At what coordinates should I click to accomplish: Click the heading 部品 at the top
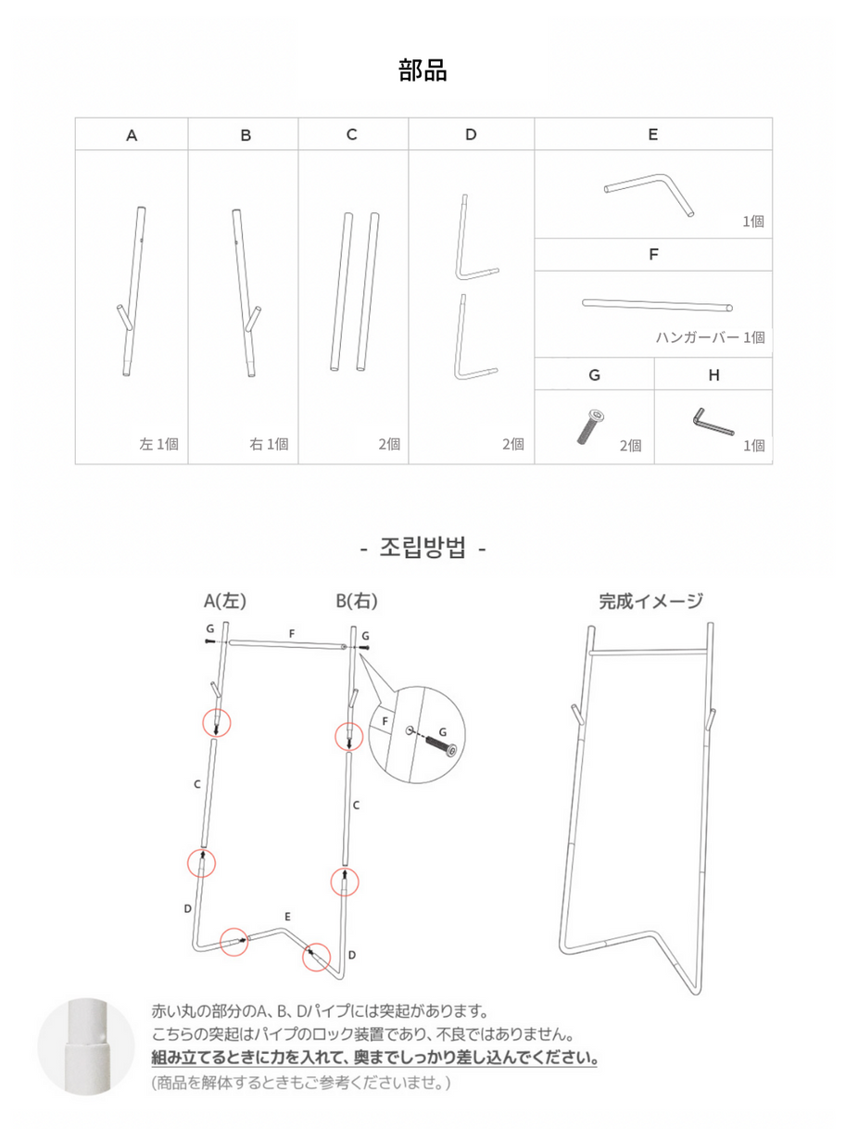click(x=423, y=70)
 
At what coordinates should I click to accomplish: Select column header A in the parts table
click(x=132, y=135)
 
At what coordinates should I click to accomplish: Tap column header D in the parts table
click(x=471, y=134)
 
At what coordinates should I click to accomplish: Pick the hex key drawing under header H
click(x=712, y=422)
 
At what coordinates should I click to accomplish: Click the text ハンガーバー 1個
click(x=710, y=337)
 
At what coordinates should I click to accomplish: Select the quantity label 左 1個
click(x=158, y=444)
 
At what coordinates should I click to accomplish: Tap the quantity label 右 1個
click(x=269, y=444)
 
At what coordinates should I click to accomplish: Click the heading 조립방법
click(x=423, y=548)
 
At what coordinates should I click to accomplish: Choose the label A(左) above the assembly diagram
click(x=225, y=601)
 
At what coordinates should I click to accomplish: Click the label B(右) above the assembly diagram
click(x=357, y=601)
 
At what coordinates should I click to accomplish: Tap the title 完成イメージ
click(x=650, y=601)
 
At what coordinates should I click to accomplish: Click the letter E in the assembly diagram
click(x=288, y=916)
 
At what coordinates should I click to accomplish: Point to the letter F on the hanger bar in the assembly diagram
click(x=291, y=633)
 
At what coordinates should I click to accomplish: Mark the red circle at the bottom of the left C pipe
click(x=201, y=862)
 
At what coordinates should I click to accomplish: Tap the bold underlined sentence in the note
click(x=374, y=1058)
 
